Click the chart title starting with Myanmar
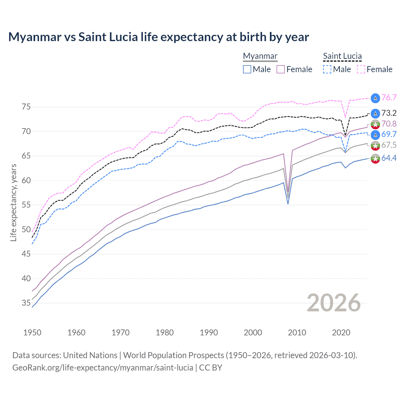coord(159,37)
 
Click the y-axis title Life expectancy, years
coord(13,202)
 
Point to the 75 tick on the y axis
coord(26,107)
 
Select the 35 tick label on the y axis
coord(26,303)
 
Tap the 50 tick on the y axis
coord(26,229)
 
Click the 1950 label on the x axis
coord(32,333)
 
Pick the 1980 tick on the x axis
coord(165,333)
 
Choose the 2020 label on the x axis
coord(341,333)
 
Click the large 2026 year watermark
coord(333,303)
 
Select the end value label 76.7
coord(389,98)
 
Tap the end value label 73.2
coord(389,113)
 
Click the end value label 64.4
coord(389,158)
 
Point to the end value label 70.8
coord(389,124)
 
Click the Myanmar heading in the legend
coord(260,56)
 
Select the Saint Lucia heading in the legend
coord(342,56)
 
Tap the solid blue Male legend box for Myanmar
coord(247,69)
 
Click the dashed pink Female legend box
coord(361,69)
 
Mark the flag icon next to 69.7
coord(375,134)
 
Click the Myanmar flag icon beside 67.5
coord(375,146)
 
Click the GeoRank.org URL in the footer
coord(103,368)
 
